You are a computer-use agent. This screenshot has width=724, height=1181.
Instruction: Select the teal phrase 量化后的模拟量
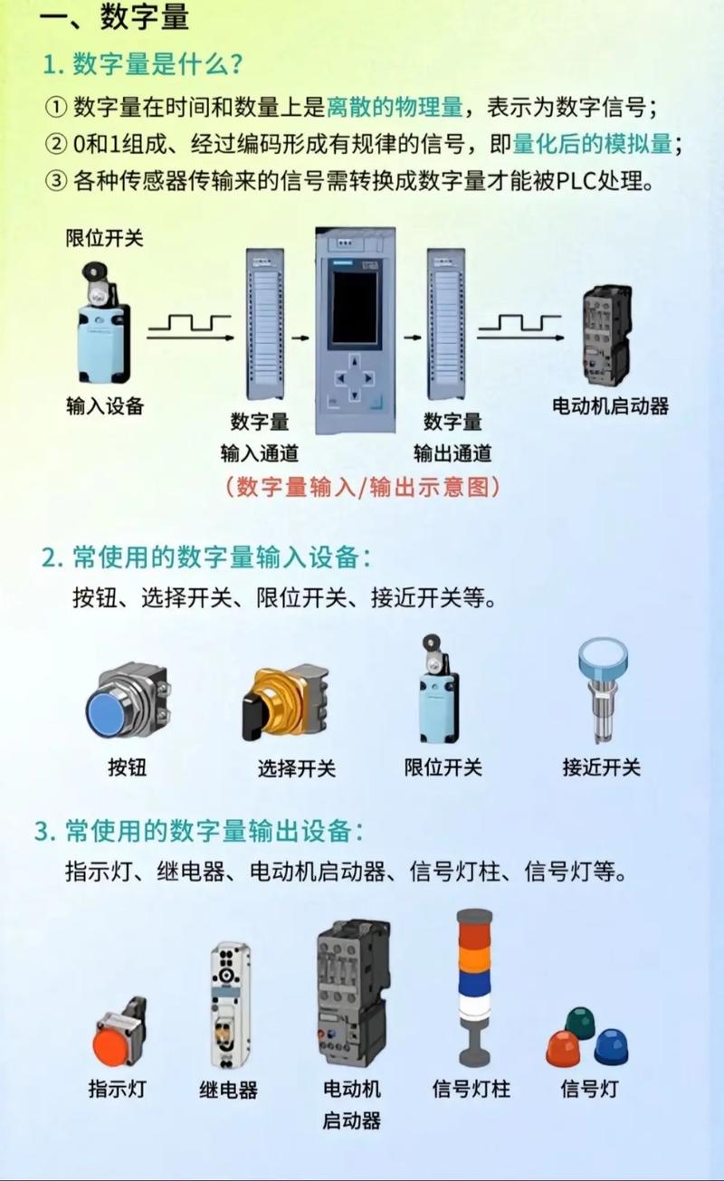tap(592, 144)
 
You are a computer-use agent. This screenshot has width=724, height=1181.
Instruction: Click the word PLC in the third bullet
tap(574, 180)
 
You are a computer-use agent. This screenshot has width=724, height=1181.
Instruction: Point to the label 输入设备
tap(105, 406)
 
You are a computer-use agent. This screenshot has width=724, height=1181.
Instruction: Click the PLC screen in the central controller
tap(354, 307)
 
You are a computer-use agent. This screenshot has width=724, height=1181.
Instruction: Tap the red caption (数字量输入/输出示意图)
tap(362, 487)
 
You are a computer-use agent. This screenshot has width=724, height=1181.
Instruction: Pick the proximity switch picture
tap(603, 688)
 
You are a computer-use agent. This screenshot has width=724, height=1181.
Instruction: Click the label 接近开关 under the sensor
tap(601, 767)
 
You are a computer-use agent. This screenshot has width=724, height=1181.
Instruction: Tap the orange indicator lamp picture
tap(119, 1036)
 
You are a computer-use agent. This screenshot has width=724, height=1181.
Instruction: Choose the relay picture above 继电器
tap(230, 1005)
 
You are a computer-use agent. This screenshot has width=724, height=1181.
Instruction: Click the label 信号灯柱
tap(472, 1089)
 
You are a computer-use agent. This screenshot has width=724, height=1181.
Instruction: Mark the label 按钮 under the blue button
tap(127, 767)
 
